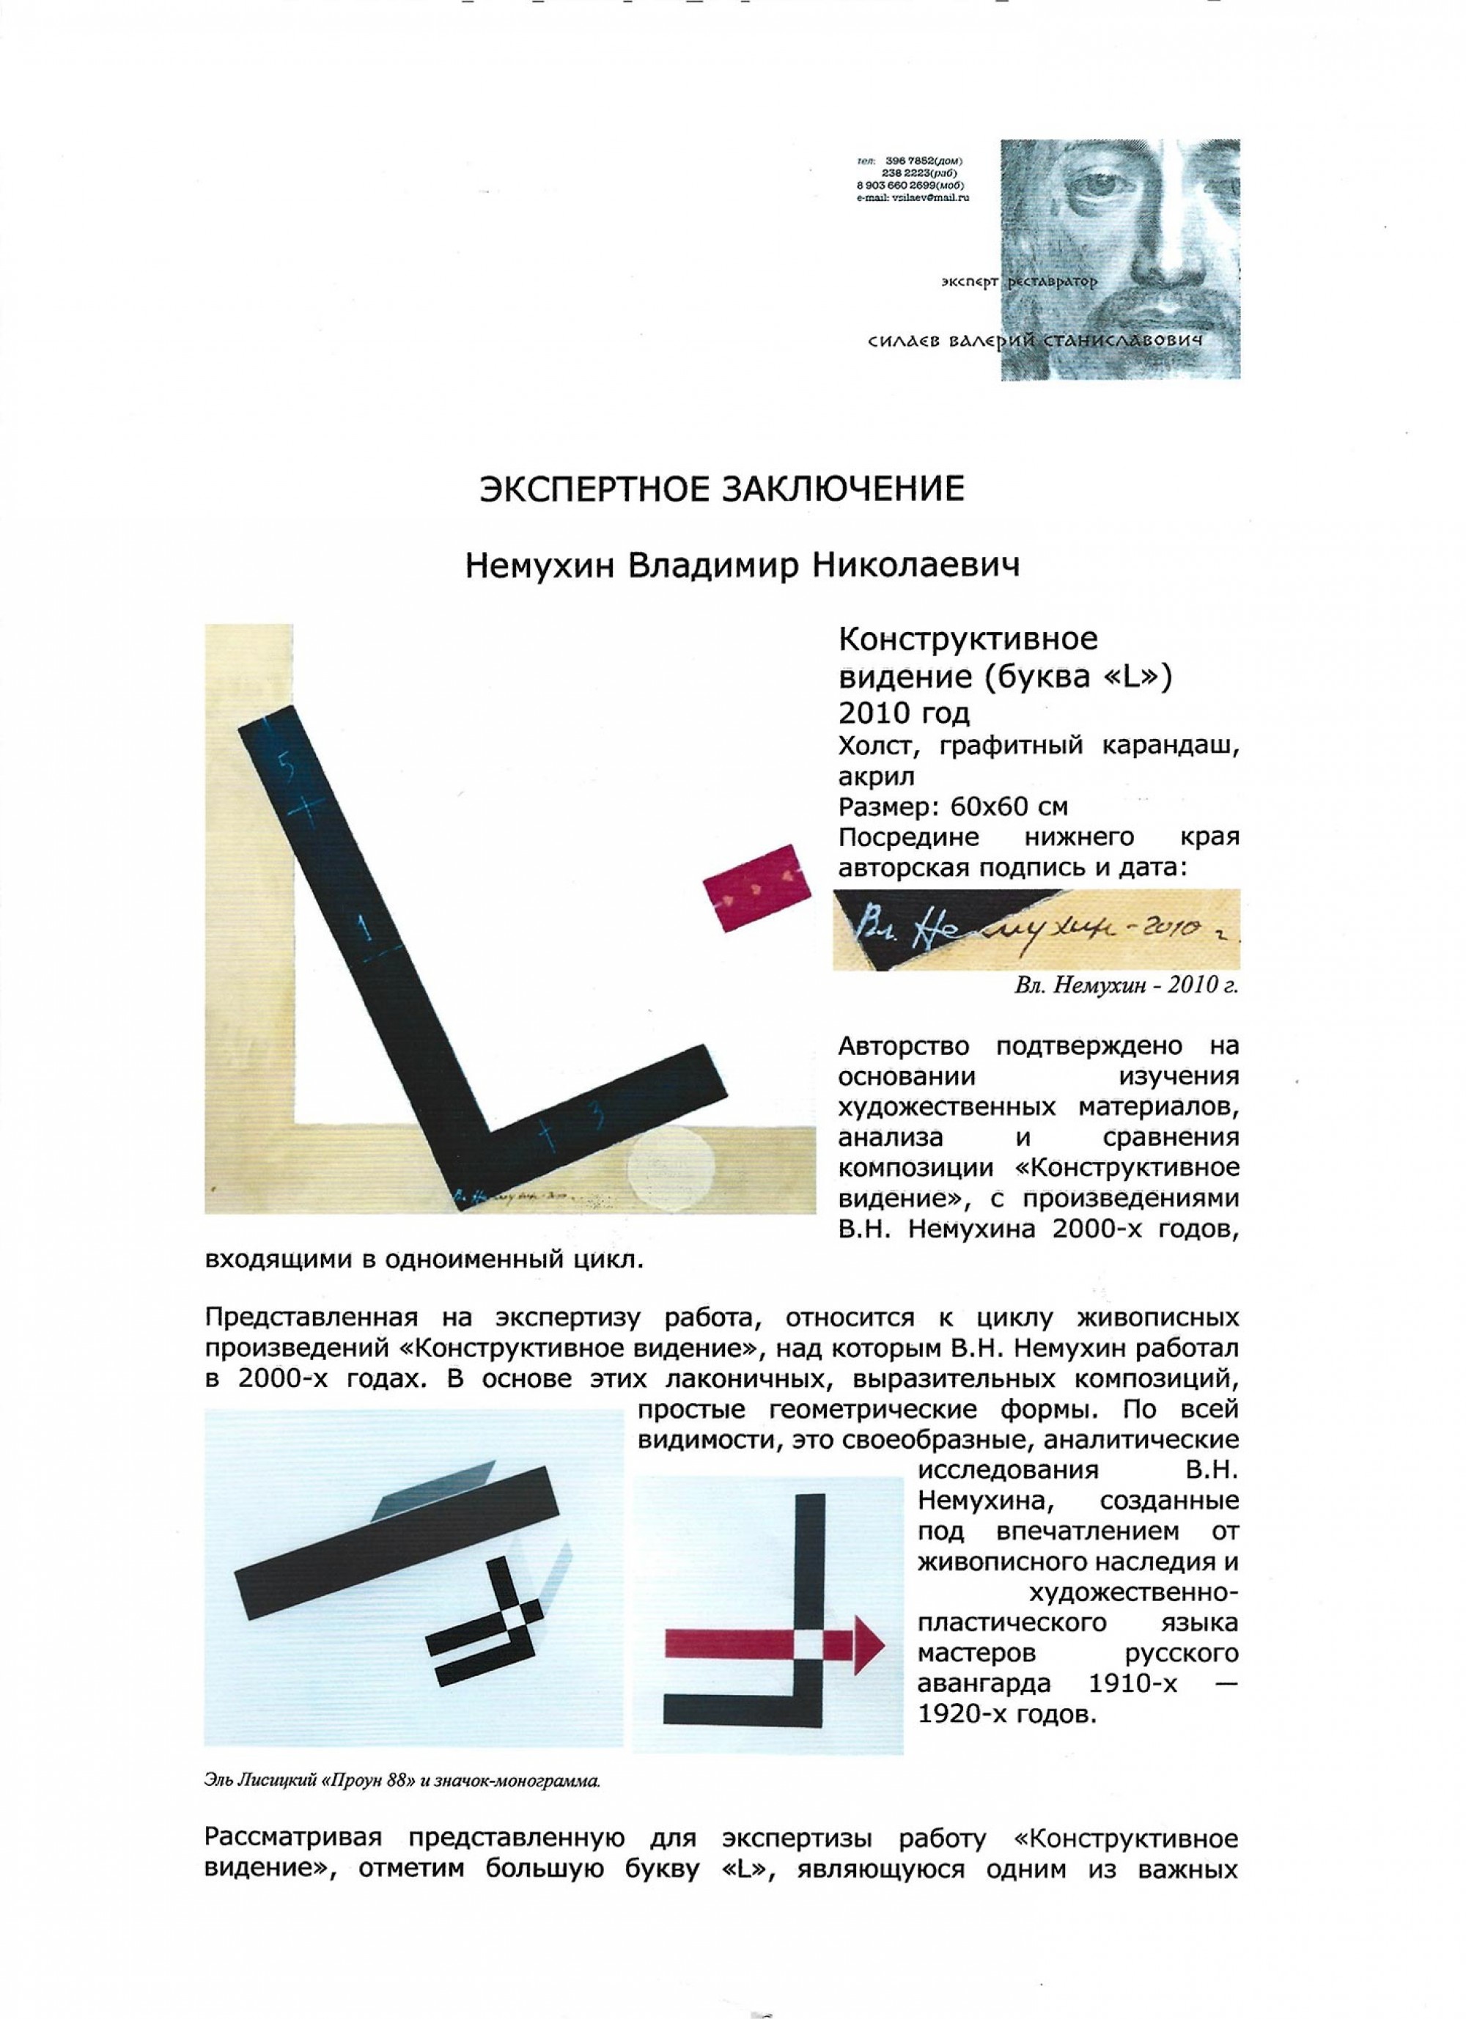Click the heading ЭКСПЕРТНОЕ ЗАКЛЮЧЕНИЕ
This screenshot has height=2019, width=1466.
pyautogui.click(x=722, y=490)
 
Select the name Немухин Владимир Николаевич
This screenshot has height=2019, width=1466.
pyautogui.click(x=742, y=566)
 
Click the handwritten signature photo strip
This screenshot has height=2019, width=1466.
pyautogui.click(x=1036, y=930)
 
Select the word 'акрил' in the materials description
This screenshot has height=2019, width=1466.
pyautogui.click(x=877, y=777)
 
